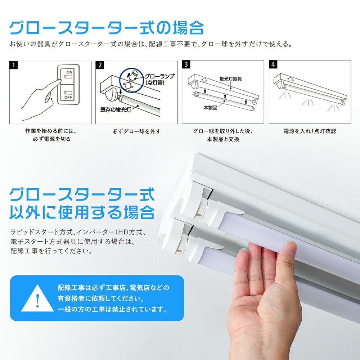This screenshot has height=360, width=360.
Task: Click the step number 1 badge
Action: pyautogui.click(x=13, y=65)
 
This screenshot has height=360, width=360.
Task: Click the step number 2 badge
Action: pyautogui.click(x=100, y=65)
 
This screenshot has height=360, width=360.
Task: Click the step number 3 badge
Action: pyautogui.click(x=186, y=65)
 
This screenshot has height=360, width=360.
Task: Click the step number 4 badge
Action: pyautogui.click(x=274, y=65)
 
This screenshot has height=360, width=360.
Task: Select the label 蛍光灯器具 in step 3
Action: pyautogui.click(x=230, y=78)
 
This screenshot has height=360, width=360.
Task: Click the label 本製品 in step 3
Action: pyautogui.click(x=210, y=108)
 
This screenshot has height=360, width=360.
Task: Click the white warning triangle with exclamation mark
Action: pyautogui.click(x=37, y=298)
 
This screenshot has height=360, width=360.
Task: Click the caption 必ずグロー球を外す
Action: pyautogui.click(x=136, y=131)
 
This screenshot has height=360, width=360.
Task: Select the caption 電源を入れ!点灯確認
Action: pyautogui.click(x=310, y=131)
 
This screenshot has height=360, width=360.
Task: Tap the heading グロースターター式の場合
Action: pyautogui.click(x=107, y=28)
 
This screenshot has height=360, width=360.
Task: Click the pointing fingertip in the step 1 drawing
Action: pyautogui.click(x=59, y=81)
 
